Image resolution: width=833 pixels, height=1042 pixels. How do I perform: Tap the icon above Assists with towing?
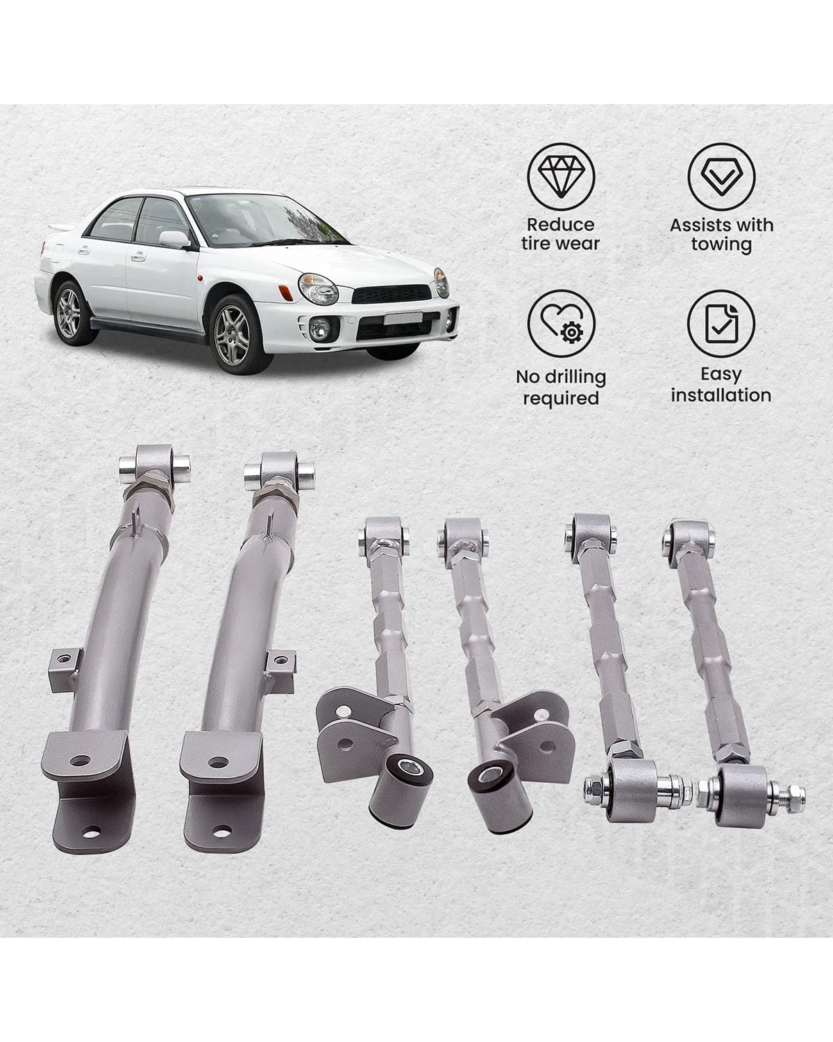(721, 177)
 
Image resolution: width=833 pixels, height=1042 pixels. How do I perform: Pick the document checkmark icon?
(721, 327)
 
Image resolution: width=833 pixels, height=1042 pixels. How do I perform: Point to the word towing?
(721, 245)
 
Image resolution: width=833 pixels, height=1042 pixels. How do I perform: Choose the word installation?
(721, 395)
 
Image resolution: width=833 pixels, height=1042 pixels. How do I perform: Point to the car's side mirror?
(175, 238)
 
